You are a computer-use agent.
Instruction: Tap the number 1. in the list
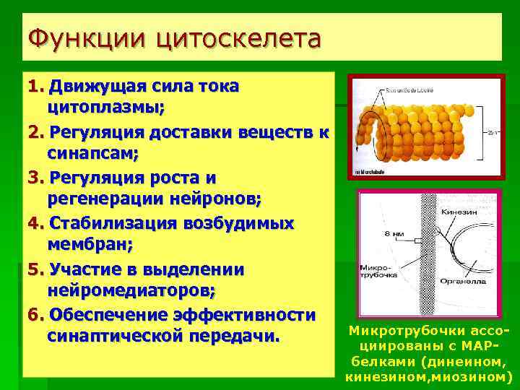click(x=35, y=87)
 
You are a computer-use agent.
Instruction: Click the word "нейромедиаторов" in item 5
click(x=129, y=290)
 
